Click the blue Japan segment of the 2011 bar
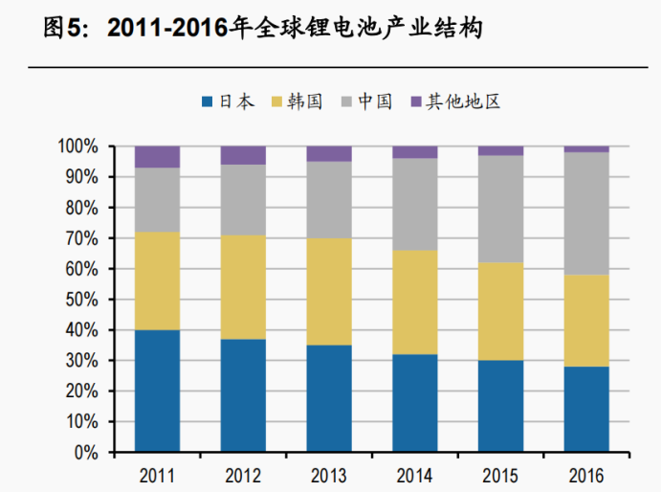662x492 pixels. tap(157, 391)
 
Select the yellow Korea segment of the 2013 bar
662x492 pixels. tap(329, 291)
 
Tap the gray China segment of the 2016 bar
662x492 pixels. tap(586, 213)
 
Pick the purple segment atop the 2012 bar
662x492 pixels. tap(243, 155)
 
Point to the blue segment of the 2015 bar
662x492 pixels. tap(500, 406)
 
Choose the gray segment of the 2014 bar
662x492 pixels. tap(415, 204)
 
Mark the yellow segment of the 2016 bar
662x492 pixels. tap(586, 321)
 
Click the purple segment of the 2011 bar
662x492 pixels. tap(157, 157)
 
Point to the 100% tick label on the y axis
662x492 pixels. tap(77, 146)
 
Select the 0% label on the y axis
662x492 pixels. tap(86, 452)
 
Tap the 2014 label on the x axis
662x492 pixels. tap(415, 474)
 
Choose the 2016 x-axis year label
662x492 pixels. tap(586, 474)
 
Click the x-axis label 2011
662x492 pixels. tap(157, 474)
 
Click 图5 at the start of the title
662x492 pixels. tap(64, 29)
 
